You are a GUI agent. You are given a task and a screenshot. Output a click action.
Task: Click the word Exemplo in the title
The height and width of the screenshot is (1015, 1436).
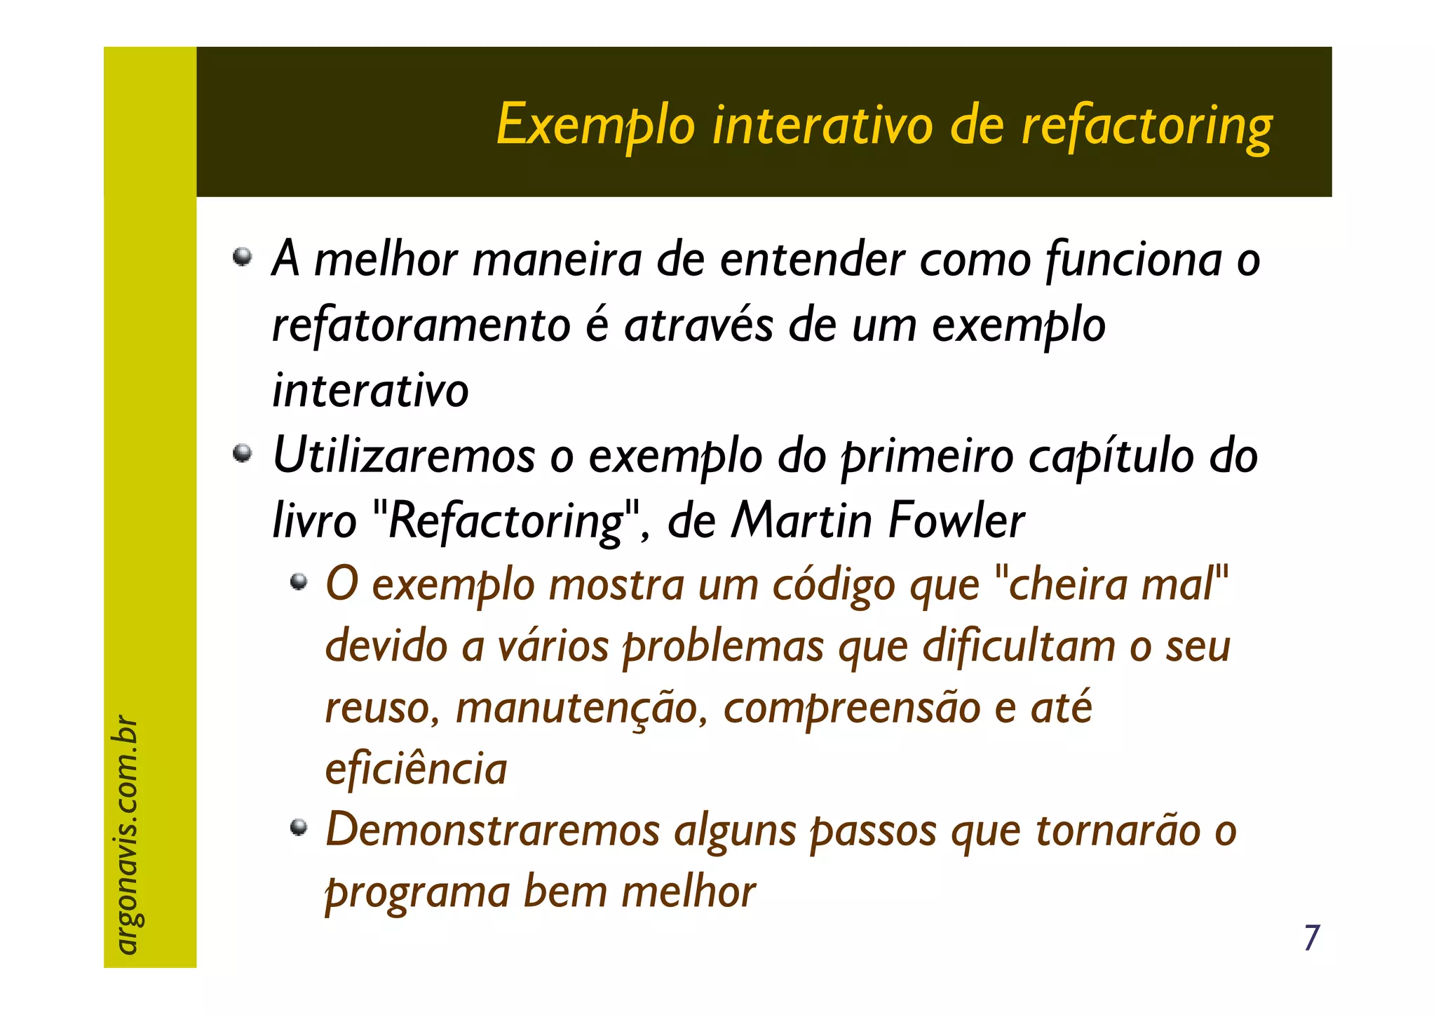pos(595,126)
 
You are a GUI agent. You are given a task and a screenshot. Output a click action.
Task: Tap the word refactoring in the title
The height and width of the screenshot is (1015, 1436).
pos(1146,126)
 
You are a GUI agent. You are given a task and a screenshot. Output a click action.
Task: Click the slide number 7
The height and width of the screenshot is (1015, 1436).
pos(1311,938)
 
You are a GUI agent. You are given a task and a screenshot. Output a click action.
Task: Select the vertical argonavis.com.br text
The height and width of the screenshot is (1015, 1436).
pos(126,835)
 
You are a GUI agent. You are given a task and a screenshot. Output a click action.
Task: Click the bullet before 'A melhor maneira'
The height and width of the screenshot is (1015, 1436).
pos(243,256)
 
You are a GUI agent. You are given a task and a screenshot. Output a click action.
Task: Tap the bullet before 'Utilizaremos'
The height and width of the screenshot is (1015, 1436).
pos(243,453)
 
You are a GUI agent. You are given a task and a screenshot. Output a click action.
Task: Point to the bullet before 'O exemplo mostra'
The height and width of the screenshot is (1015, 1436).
pos(299,581)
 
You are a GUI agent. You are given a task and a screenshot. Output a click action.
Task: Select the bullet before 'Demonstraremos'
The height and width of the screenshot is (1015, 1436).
pos(299,828)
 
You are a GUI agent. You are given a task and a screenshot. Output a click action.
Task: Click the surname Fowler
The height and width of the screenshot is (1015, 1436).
pos(956,520)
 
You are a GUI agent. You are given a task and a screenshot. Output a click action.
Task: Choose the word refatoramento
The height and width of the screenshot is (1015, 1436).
pos(421,325)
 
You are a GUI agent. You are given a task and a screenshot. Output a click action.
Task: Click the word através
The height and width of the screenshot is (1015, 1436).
pos(698,325)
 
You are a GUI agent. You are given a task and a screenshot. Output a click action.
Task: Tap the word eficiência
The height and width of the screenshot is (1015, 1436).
pos(416,769)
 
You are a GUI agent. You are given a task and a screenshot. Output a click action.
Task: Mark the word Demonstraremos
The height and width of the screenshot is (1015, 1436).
pos(493,831)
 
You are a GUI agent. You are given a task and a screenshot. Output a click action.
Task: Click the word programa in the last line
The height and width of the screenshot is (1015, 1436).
pos(418,892)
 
